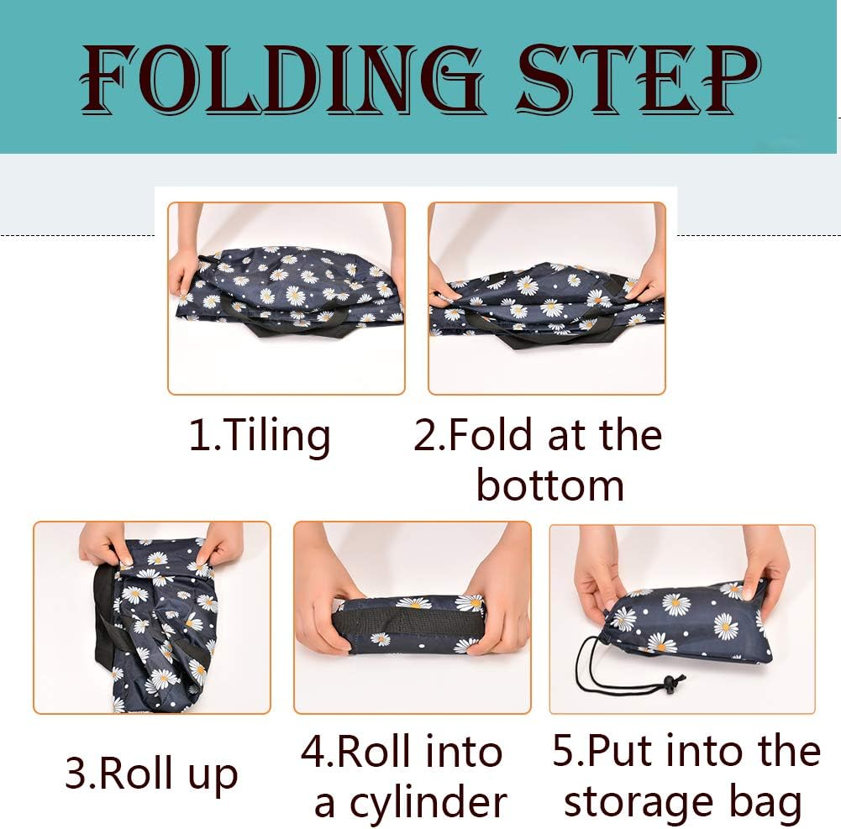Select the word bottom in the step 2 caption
[x=550, y=485]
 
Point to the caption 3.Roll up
[x=151, y=774]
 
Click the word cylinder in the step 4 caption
[x=410, y=803]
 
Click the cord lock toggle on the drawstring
[x=671, y=683]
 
